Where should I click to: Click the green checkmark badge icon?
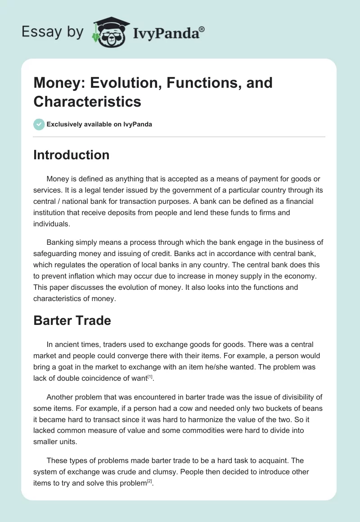click(x=39, y=124)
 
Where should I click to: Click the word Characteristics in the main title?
click(x=87, y=101)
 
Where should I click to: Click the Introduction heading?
click(x=71, y=155)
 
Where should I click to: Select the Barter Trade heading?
click(x=72, y=321)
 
